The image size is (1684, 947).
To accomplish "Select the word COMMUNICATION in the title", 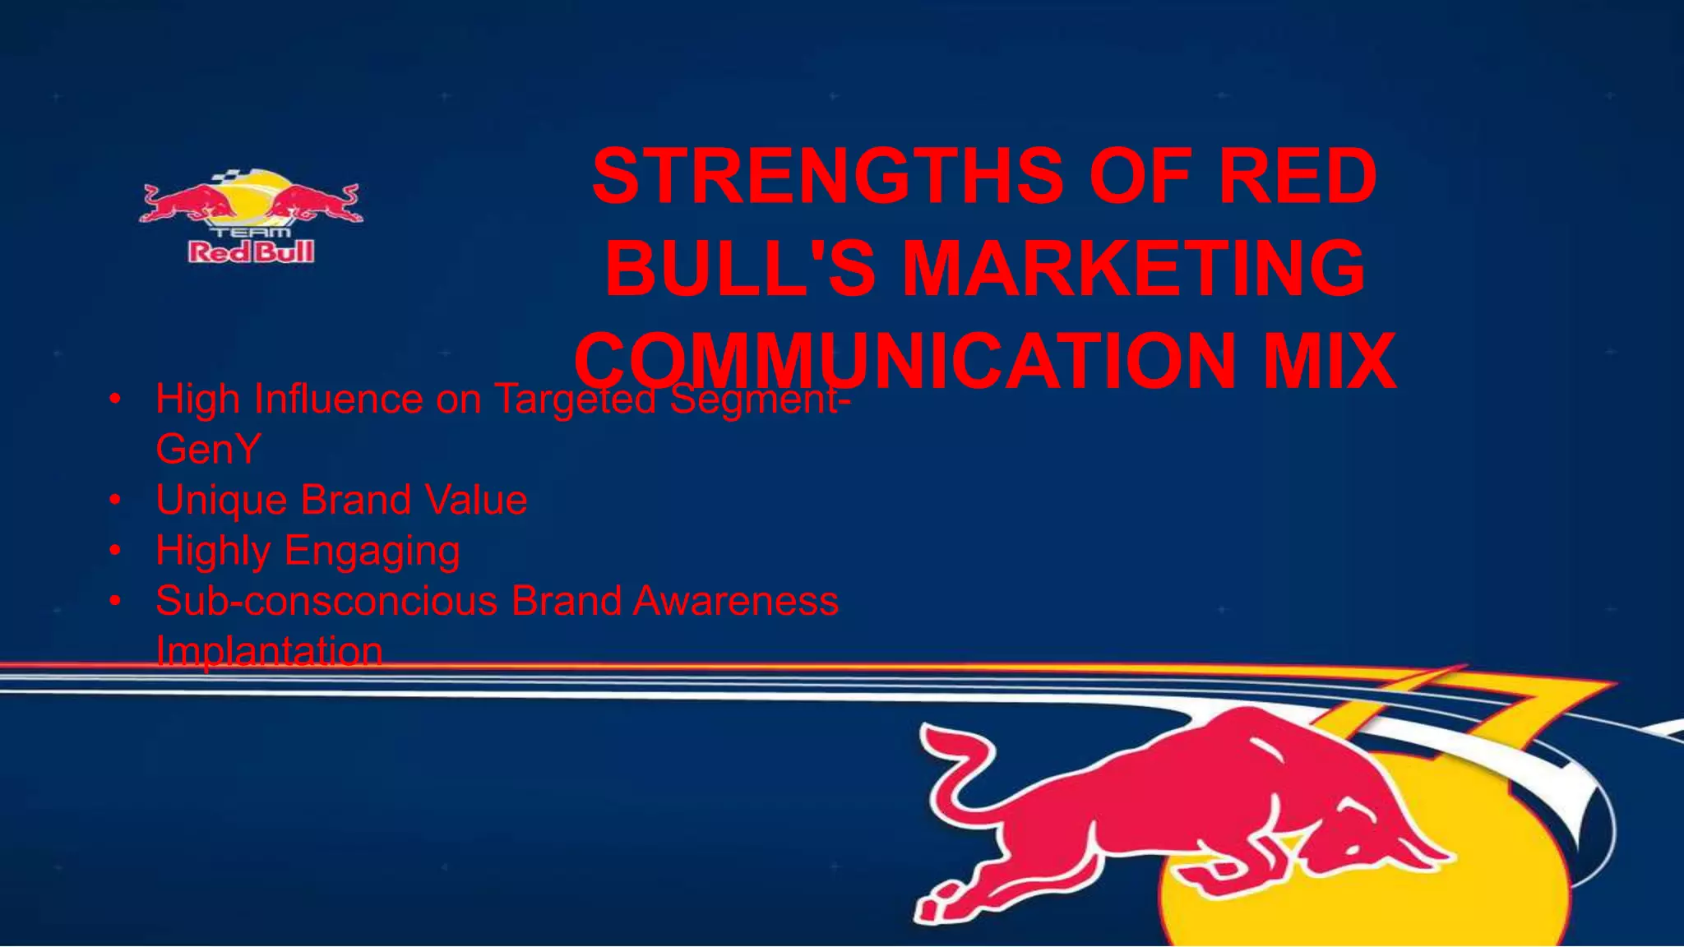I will coord(905,362).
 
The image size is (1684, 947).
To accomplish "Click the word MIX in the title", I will coord(1329,362).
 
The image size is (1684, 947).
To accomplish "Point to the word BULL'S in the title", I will coord(740,269).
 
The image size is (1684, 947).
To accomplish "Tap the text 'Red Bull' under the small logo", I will coord(251,252).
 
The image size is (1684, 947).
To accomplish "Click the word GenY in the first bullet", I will coord(208,450).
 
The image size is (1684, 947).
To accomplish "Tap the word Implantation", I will coord(269,651).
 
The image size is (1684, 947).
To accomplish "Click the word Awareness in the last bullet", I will coord(735,601).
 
